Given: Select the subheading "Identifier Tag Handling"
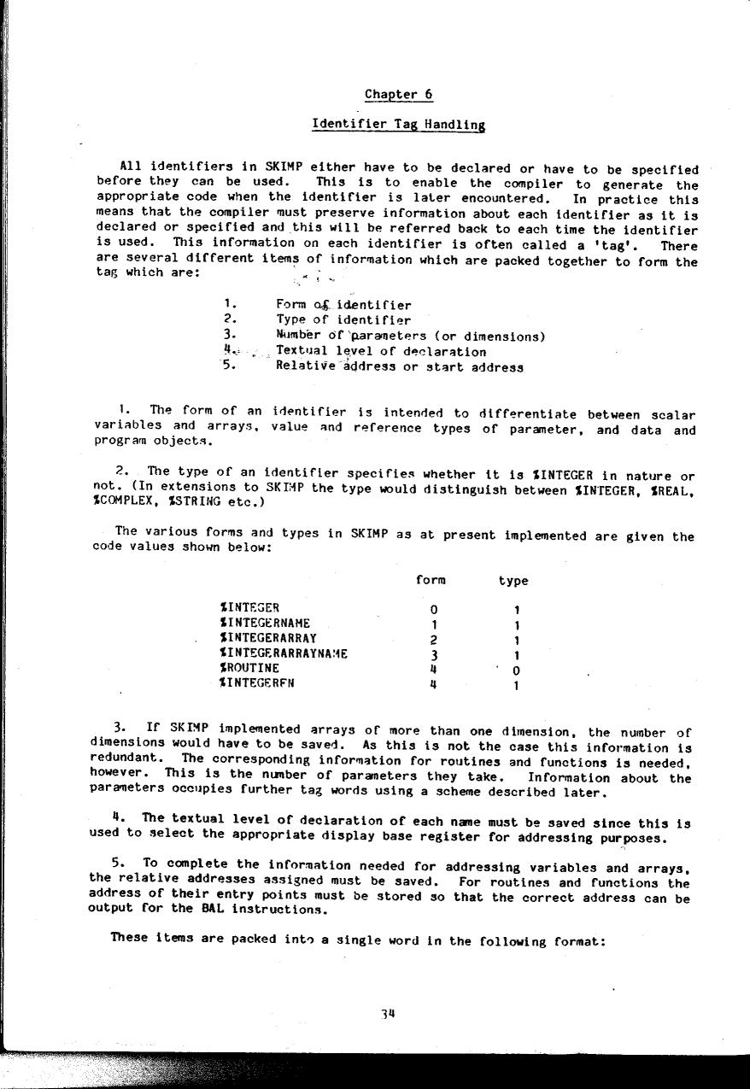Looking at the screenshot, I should [x=398, y=125].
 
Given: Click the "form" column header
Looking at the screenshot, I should [x=431, y=580].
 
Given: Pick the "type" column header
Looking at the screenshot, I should [x=513, y=581].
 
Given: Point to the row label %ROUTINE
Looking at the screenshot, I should [x=249, y=668].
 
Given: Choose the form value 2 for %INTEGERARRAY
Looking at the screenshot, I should [x=434, y=640].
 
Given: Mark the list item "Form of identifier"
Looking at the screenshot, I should [x=343, y=305].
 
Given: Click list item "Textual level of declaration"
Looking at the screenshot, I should [x=381, y=351].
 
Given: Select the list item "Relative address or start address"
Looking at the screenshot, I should [x=400, y=367].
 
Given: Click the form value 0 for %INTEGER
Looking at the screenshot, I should [x=434, y=610].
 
